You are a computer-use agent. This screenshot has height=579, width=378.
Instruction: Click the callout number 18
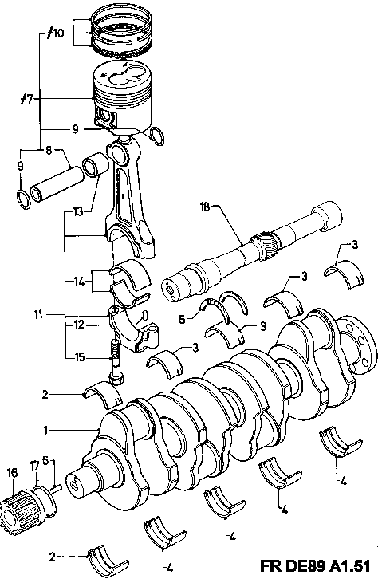(x=204, y=207)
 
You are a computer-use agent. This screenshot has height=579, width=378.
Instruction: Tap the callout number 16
(x=12, y=473)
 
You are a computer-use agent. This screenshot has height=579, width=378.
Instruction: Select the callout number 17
(x=35, y=466)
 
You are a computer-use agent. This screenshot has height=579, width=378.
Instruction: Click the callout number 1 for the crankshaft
(x=45, y=430)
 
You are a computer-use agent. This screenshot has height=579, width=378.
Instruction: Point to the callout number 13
(x=78, y=212)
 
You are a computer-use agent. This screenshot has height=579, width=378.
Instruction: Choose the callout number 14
(x=80, y=282)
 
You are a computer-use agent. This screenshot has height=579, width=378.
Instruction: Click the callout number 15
(x=80, y=357)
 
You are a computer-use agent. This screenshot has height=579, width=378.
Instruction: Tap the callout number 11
(x=39, y=315)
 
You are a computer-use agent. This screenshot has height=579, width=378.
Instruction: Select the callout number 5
(x=182, y=320)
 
